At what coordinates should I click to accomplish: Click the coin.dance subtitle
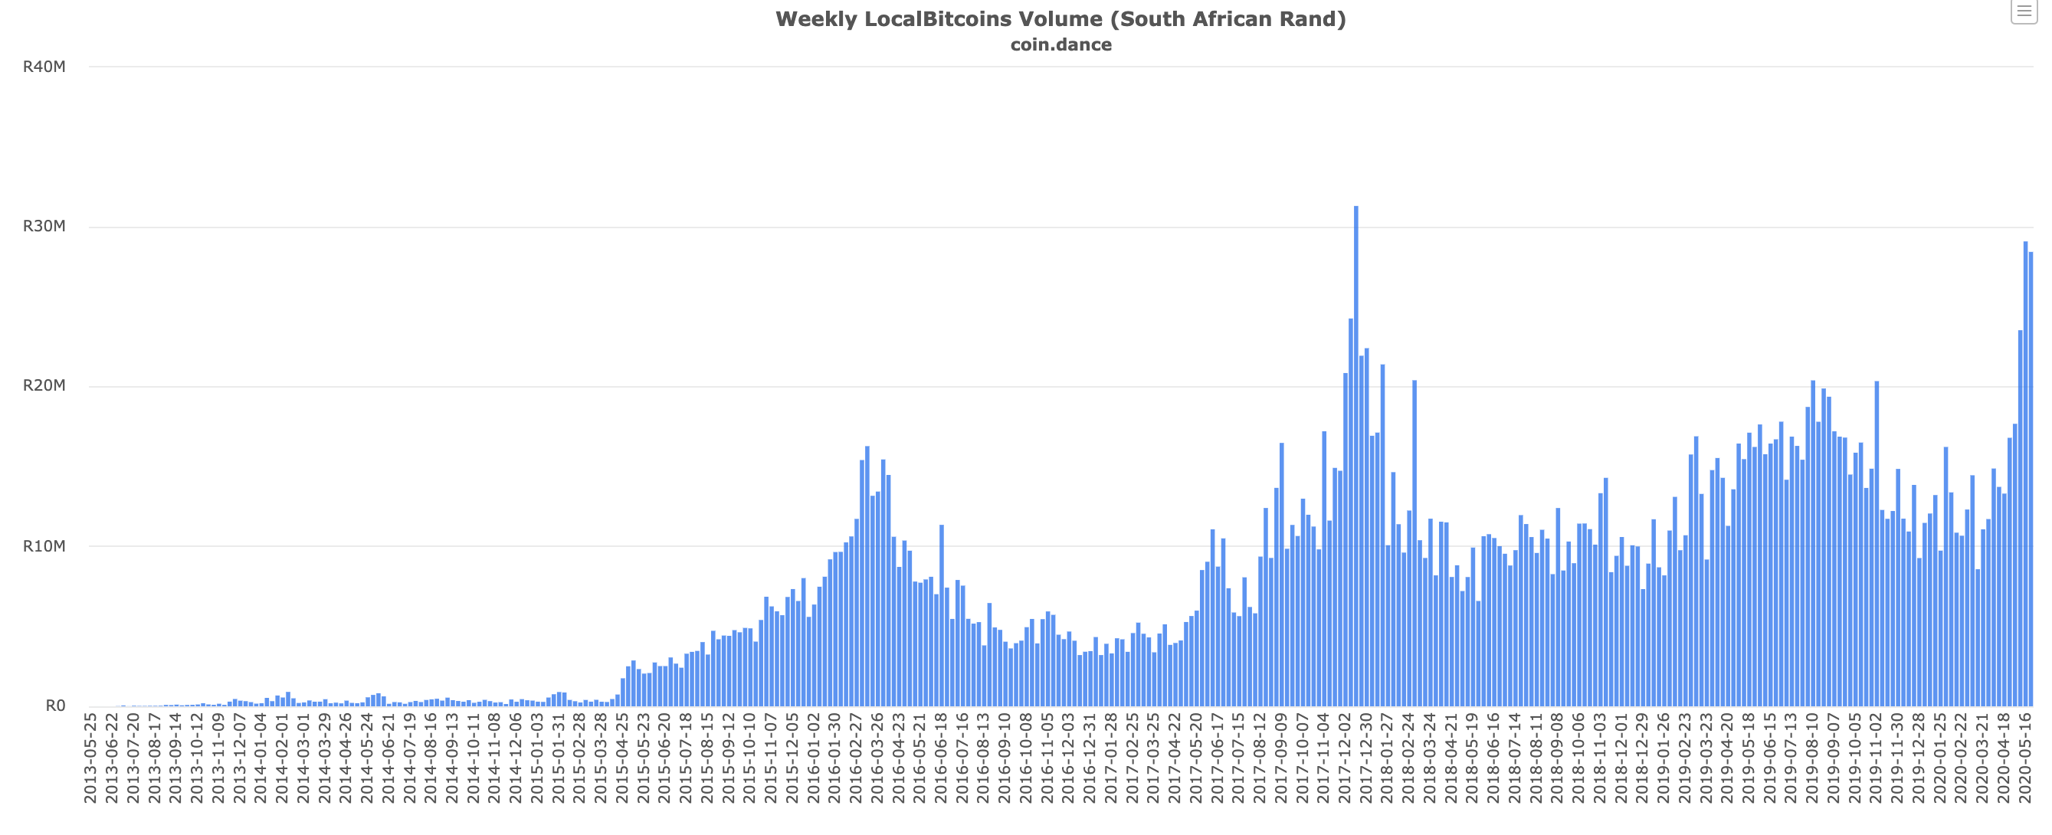tap(1060, 44)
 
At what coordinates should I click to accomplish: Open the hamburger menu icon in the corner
tap(2024, 11)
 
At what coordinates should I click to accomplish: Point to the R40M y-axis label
tap(44, 67)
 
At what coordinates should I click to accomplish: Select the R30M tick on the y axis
tap(44, 226)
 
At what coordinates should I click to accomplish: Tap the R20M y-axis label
tap(44, 385)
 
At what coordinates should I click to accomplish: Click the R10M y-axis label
tap(44, 545)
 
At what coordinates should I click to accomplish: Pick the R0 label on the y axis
tap(55, 705)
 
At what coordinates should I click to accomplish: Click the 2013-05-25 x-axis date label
tap(90, 758)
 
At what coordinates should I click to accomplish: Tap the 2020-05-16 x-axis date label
tap(2024, 758)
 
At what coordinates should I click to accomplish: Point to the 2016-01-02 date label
tap(812, 758)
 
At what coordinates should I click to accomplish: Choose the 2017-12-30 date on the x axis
tap(1365, 758)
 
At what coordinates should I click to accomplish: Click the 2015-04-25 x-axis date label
tap(621, 758)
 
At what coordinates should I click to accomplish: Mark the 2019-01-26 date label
tap(1664, 758)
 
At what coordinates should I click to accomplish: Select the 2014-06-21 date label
tap(388, 758)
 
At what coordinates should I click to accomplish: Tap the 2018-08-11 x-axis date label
tap(1536, 758)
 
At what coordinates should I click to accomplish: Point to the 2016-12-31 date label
tap(1089, 758)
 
